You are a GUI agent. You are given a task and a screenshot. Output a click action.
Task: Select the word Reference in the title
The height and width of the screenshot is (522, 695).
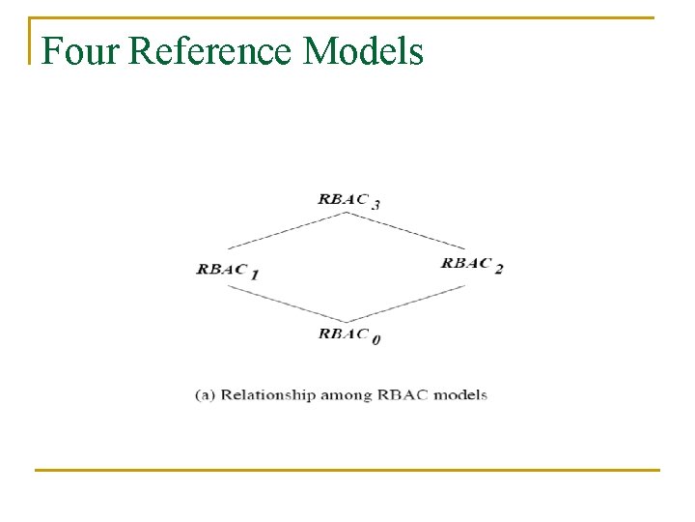(208, 50)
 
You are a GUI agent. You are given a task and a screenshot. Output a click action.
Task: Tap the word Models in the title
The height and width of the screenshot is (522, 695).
(363, 50)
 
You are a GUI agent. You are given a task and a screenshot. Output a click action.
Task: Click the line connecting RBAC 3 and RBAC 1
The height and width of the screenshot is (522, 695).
(287, 231)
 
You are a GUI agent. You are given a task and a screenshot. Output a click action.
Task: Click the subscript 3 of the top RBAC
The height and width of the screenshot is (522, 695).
(376, 204)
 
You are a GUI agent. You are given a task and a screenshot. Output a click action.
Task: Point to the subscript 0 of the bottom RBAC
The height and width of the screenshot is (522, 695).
(375, 338)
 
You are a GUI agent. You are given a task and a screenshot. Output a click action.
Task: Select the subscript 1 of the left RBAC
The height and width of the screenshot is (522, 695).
(255, 275)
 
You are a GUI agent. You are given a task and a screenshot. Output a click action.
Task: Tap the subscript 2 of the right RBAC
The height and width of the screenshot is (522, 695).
(499, 268)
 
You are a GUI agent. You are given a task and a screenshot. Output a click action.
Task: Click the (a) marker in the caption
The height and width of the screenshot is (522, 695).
(205, 394)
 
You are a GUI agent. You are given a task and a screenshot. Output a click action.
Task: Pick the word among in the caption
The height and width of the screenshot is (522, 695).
(346, 394)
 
